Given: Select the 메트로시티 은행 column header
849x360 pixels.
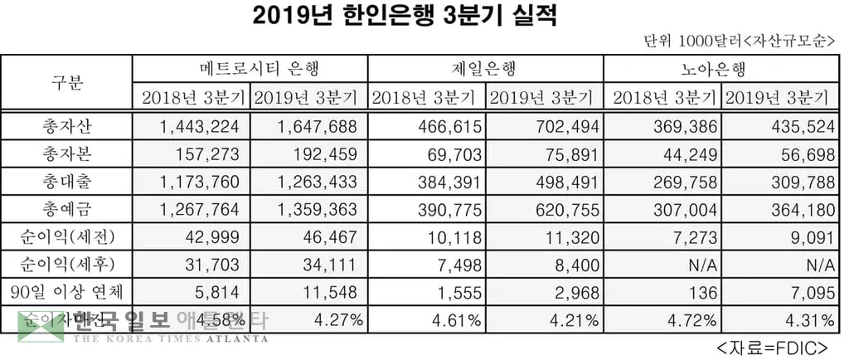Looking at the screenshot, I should tap(248, 68).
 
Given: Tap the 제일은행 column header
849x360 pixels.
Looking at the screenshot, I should tap(483, 68).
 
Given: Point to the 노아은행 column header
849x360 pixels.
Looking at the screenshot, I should tap(718, 68).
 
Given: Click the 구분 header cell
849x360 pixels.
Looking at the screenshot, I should tap(68, 81).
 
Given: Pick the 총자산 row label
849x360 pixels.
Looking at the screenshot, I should tap(68, 127).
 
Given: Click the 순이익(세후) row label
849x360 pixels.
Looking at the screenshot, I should tap(68, 264).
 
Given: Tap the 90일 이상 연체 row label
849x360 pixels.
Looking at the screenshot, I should tap(68, 291).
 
